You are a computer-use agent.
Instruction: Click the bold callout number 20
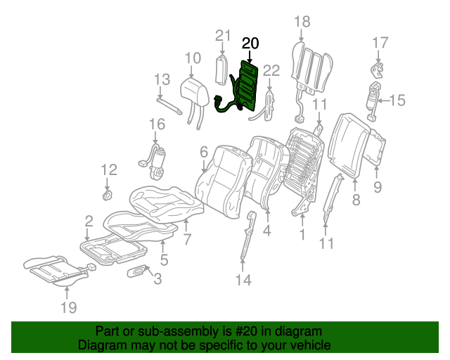(250, 44)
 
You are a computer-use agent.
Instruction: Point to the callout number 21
(223, 36)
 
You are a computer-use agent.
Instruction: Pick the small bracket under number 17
(378, 70)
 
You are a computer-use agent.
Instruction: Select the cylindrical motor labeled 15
(373, 96)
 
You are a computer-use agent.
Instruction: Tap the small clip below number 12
(108, 193)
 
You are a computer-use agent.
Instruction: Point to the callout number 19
(68, 307)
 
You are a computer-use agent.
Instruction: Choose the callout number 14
(243, 281)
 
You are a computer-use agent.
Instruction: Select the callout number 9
(377, 186)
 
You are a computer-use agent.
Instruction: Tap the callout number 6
(204, 152)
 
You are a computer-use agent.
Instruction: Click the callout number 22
(271, 69)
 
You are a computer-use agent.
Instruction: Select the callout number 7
(187, 239)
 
